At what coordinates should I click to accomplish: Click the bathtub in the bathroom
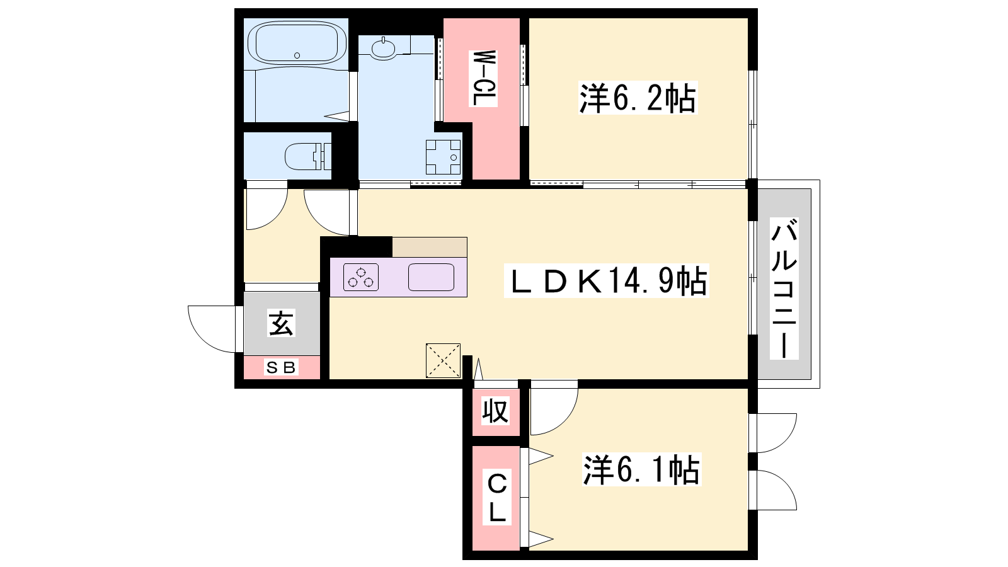coord(297,43)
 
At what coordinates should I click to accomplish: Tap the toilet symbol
coord(308,156)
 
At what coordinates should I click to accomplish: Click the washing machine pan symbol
coord(444,157)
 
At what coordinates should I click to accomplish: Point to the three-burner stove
coord(361,277)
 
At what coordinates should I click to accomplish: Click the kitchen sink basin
coord(431,277)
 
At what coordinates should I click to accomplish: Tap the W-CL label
coord(483,78)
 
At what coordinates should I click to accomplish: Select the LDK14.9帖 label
coord(607,281)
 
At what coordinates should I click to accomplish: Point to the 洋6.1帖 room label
coord(642,470)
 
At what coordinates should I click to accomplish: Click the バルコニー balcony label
coord(784,289)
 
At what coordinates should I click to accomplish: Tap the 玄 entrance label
coord(281,323)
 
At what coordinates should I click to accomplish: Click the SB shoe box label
coord(281,368)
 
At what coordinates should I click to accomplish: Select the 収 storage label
coord(495,411)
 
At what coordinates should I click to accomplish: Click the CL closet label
coord(497,497)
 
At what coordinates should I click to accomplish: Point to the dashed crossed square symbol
coord(444,360)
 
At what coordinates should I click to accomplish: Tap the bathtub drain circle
coord(297,55)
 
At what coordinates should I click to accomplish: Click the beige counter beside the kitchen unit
coord(430,247)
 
